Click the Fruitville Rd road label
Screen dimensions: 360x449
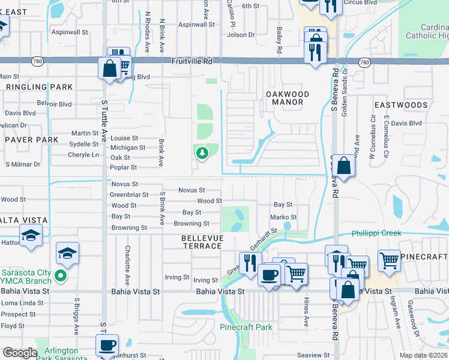tap(192, 61)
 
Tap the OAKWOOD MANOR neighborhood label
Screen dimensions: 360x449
tap(288, 98)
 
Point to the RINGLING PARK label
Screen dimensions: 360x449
tap(39, 87)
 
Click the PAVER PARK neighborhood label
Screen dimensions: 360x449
tap(31, 140)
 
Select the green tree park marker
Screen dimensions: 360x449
tap(202, 153)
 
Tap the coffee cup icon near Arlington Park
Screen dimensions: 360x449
tap(107, 346)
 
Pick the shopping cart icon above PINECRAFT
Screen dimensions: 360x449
tap(389, 260)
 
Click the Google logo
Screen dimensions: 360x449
tap(20, 353)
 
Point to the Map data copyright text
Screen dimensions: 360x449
tap(424, 355)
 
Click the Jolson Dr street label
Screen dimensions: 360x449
tap(241, 35)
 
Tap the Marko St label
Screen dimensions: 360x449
tap(283, 217)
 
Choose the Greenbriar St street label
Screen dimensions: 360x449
tap(129, 195)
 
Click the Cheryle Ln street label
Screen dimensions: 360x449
tap(83, 155)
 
